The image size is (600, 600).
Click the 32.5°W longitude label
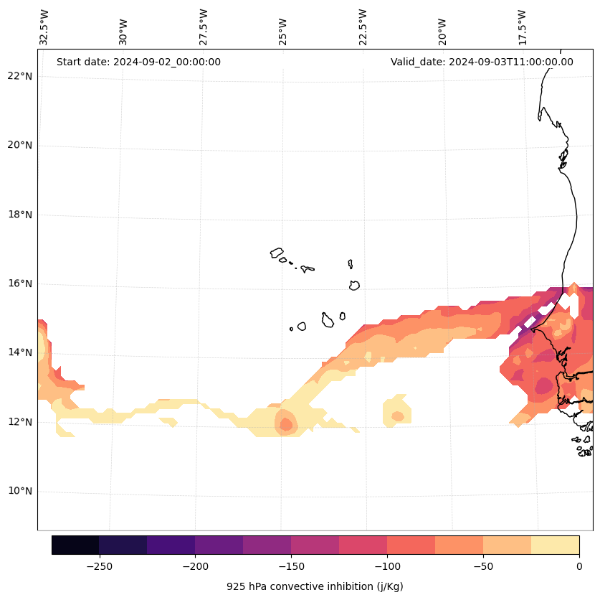tap(44, 27)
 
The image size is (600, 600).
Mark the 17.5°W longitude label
tap(522, 27)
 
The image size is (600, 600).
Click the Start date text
tap(138, 62)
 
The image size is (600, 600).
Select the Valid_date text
tap(482, 62)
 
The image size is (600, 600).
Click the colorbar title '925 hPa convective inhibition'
tap(315, 586)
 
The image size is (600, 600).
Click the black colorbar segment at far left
tap(75, 545)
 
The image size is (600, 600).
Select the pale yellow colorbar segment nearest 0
tap(555, 545)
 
